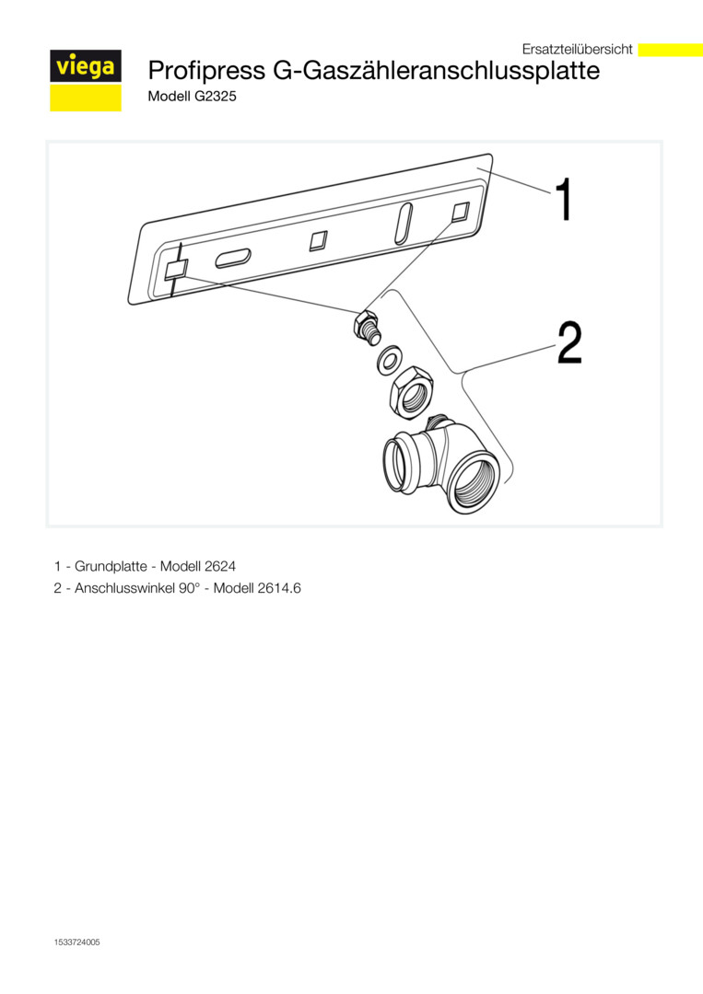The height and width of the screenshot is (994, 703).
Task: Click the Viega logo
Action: click(86, 80)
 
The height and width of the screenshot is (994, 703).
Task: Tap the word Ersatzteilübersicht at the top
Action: click(577, 49)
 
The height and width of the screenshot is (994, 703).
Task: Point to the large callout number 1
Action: click(564, 199)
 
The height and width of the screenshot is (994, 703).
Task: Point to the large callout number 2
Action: click(569, 342)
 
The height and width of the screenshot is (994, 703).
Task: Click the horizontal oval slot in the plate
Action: click(233, 259)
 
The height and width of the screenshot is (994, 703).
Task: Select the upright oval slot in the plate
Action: click(404, 223)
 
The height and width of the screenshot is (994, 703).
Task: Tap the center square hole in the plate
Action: click(319, 240)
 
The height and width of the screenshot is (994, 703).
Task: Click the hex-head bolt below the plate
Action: click(366, 327)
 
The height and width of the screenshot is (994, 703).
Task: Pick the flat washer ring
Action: click(388, 358)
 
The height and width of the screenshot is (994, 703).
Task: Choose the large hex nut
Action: click(411, 392)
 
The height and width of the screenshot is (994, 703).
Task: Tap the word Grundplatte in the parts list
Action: click(111, 566)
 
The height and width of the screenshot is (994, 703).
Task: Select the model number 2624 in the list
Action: click(220, 566)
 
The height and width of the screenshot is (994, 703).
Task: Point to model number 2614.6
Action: click(279, 588)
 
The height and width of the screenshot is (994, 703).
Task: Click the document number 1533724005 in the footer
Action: click(76, 942)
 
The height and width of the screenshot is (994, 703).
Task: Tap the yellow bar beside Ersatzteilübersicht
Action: click(670, 50)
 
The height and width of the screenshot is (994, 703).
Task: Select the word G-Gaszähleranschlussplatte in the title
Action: click(436, 70)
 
